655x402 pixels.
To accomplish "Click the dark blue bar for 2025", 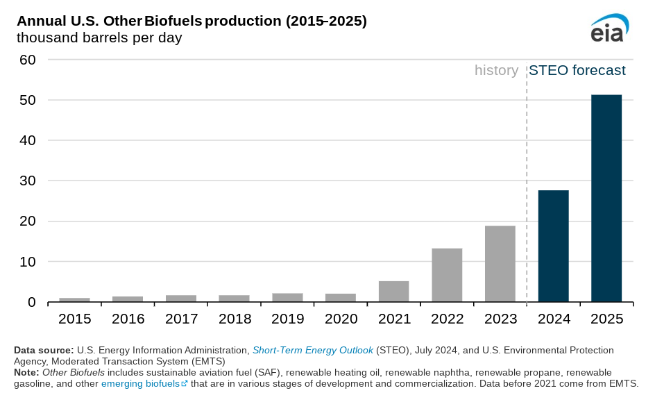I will point(606,198).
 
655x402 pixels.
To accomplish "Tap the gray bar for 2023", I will point(500,264).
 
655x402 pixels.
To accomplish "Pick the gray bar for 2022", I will point(447,275).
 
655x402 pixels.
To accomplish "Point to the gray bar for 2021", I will point(393,292).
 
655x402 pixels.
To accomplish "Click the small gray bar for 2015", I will point(74,300).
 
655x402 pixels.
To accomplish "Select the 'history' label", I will point(496,70).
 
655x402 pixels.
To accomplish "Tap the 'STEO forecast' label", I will point(577,70).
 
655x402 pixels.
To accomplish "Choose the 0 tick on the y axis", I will point(32,303).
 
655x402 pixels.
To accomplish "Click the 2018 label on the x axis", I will point(235,319).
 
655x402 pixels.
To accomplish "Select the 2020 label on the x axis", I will point(341,319).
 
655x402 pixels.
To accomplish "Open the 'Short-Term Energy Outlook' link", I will point(312,350).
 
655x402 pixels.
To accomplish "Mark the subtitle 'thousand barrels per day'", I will point(99,37).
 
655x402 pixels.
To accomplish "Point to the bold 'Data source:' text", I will point(44,350).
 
